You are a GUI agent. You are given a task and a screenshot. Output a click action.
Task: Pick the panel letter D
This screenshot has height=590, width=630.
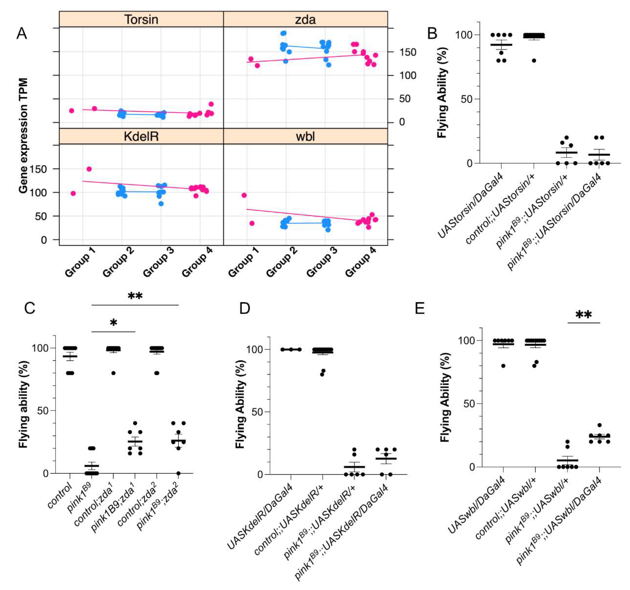[245, 308]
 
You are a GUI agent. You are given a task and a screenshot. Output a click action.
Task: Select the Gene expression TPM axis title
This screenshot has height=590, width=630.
[24, 136]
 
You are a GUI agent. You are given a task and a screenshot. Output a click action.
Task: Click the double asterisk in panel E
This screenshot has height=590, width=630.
[583, 315]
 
